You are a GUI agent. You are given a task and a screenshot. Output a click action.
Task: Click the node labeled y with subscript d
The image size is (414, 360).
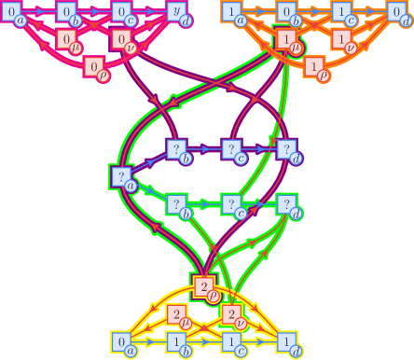[177, 12]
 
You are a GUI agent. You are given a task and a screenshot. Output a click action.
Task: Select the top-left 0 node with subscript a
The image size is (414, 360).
[11, 12]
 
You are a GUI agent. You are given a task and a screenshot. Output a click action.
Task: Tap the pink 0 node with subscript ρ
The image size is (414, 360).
[94, 66]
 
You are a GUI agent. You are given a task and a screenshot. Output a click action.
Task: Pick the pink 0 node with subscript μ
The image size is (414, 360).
[67, 39]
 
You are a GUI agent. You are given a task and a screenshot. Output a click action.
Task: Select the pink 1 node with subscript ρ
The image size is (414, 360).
[315, 66]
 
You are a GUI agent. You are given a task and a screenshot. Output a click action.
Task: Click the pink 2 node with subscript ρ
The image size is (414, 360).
[204, 286]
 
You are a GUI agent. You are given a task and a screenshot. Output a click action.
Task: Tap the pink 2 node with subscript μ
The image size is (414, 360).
[177, 314]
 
